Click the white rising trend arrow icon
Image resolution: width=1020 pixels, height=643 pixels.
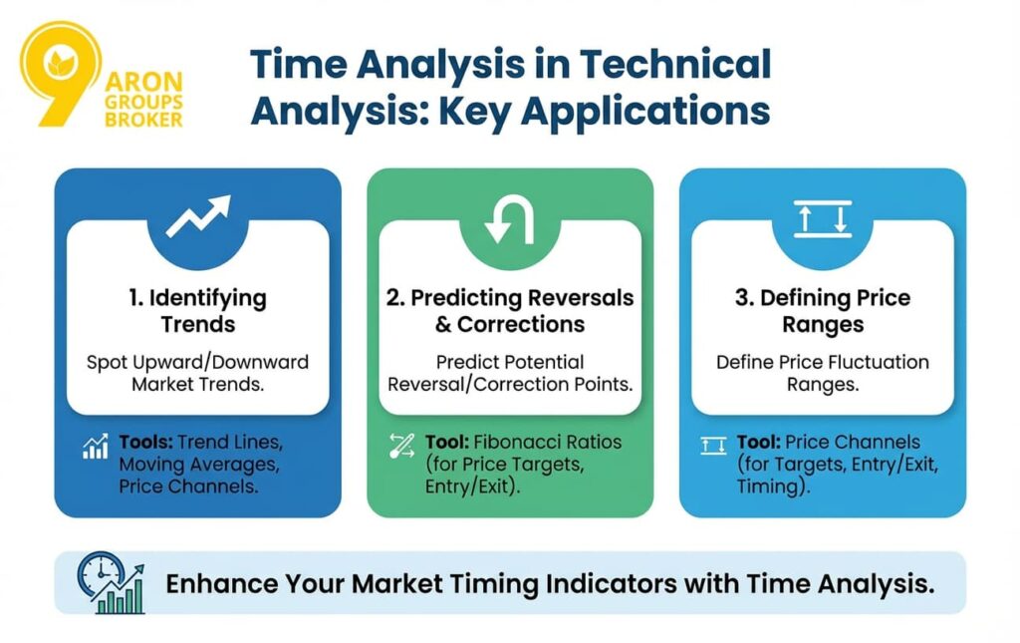point(197,215)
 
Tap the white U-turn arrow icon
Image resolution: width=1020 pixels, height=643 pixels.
point(510,220)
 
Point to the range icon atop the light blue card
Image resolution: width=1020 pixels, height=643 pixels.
point(822,216)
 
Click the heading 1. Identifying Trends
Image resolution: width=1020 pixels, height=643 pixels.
point(199,310)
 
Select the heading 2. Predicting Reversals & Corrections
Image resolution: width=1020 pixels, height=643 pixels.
point(510,310)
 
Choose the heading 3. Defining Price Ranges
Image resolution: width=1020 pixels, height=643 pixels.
point(822,310)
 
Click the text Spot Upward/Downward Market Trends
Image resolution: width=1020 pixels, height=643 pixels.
point(199,372)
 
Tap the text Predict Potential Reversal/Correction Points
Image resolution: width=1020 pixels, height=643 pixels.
point(510,373)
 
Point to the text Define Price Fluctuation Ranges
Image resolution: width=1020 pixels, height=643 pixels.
point(822,373)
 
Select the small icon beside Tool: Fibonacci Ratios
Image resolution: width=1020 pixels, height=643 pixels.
point(401,447)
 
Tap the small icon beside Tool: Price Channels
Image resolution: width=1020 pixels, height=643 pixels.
point(713,446)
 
